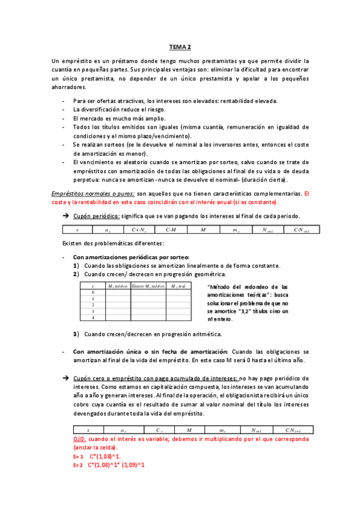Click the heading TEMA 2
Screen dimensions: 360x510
pyautogui.click(x=180, y=46)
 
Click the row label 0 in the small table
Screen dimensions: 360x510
pyautogui.click(x=93, y=292)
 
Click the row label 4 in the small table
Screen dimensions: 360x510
pyautogui.click(x=93, y=318)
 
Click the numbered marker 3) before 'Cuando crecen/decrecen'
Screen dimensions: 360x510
pyautogui.click(x=76, y=334)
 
